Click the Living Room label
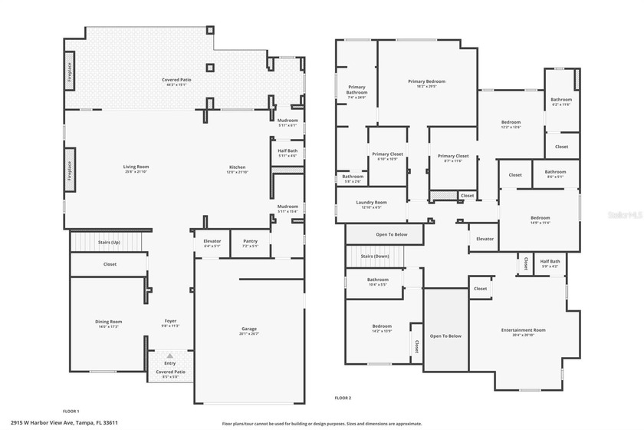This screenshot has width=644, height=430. click(x=136, y=167)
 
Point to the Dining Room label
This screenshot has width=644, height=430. click(x=110, y=322)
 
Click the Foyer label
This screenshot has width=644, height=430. click(x=170, y=321)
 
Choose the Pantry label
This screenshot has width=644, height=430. click(x=250, y=241)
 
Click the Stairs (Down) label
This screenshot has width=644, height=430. click(x=376, y=256)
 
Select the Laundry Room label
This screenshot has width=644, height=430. click(x=371, y=203)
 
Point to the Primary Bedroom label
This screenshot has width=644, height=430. click(x=426, y=81)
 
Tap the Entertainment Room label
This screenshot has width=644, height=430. click(x=524, y=330)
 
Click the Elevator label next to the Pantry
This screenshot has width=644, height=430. click(x=212, y=241)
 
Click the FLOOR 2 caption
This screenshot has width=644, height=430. click(x=343, y=398)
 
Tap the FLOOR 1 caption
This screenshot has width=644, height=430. click(x=71, y=412)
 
